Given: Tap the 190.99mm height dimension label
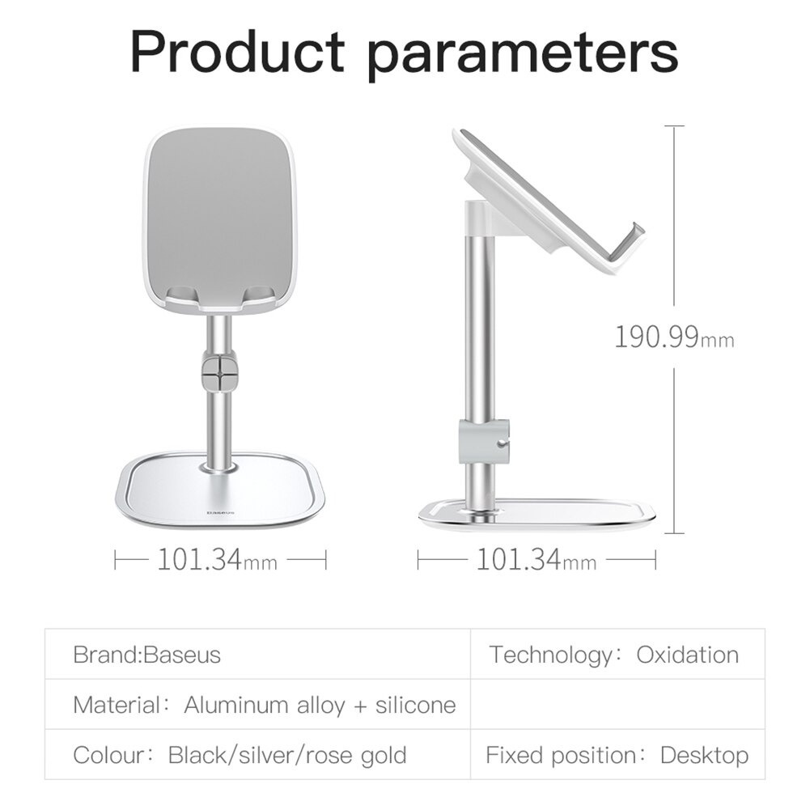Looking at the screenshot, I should [674, 336].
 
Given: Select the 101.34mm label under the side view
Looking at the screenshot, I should [536, 558].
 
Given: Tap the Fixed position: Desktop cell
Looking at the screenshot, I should [617, 756].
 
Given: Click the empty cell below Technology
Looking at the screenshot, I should [617, 704].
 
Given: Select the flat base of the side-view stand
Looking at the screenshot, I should [536, 514].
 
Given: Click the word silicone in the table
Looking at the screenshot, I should [415, 704].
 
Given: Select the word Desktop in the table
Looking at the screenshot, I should [705, 756].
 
